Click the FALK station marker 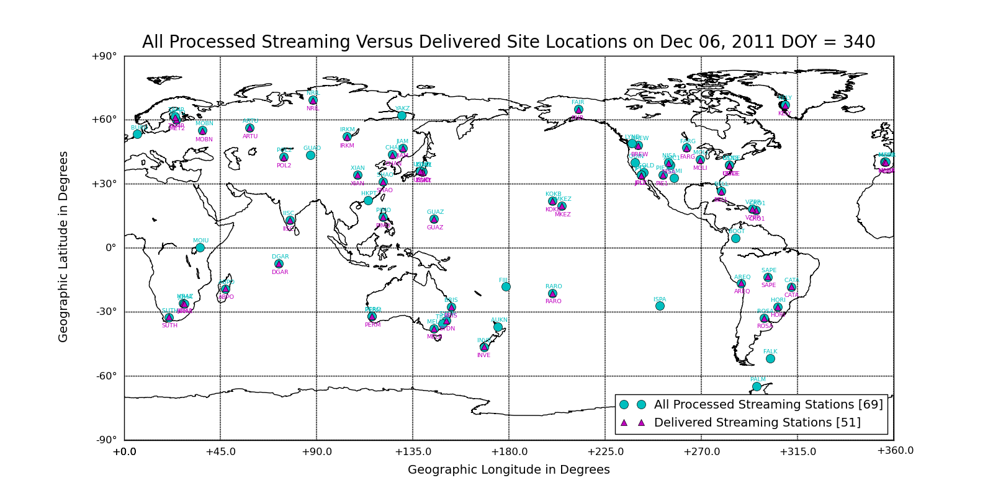pos(770,358)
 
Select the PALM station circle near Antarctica pos(757,386)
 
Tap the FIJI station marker pos(506,286)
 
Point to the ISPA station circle pos(660,306)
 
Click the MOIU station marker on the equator pos(200,247)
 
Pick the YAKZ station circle pos(402,115)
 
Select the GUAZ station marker pos(434,219)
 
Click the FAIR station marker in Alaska pos(578,110)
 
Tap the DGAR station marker pos(279,263)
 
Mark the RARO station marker pos(552,293)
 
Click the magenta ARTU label pos(250,136)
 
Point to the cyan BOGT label pos(736,231)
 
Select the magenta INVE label pos(483,355)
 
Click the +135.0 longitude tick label pos(413,451)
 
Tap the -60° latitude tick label pos(106,376)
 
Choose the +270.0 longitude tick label pos(701,451)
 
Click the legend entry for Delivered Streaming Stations pos(757,422)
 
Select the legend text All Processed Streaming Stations pos(768,404)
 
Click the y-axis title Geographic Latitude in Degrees pos(63,247)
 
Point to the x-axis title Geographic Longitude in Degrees pos(509,469)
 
